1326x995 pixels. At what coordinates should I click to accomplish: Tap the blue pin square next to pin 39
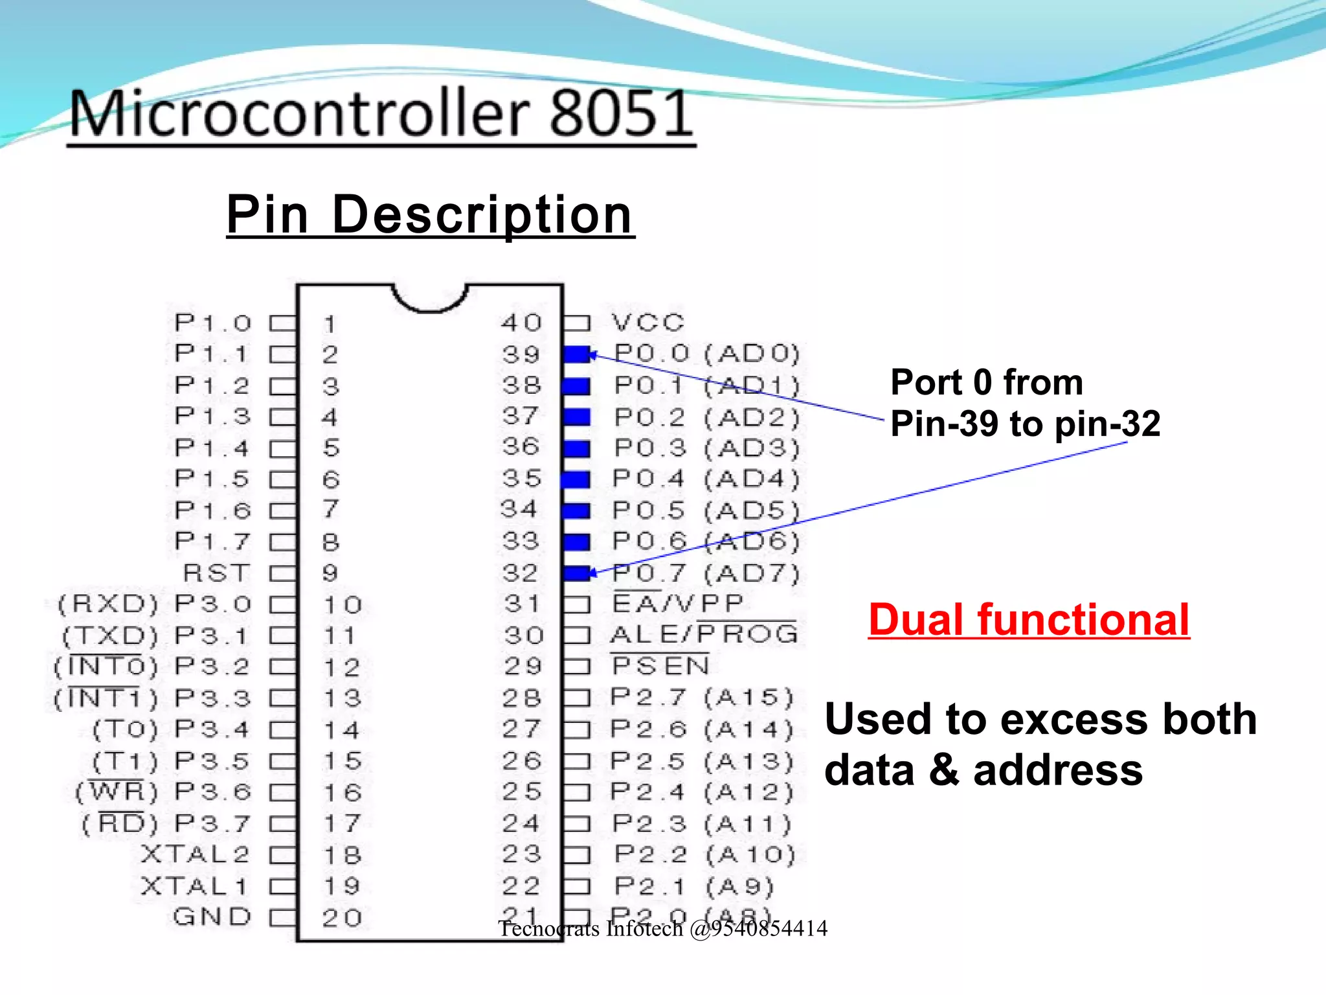(x=576, y=354)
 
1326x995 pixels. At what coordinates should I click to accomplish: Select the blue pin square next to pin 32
(x=576, y=573)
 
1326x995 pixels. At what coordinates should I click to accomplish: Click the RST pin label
(x=216, y=573)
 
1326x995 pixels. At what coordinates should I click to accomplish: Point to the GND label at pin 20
(x=212, y=917)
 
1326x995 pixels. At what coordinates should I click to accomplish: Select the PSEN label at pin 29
(x=660, y=665)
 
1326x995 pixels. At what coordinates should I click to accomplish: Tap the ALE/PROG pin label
(x=704, y=634)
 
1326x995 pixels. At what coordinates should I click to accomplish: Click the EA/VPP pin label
(x=677, y=603)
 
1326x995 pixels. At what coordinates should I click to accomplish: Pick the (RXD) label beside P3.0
(x=107, y=604)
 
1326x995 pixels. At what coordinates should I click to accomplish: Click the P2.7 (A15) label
(x=702, y=697)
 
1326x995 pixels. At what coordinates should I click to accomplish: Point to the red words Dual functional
(x=1028, y=619)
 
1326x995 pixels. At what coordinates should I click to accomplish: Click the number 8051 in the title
(x=621, y=114)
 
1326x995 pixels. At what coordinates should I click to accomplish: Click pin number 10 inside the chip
(x=342, y=605)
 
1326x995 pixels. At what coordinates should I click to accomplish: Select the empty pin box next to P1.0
(x=282, y=323)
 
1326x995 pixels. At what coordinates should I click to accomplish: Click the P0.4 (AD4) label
(x=706, y=479)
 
